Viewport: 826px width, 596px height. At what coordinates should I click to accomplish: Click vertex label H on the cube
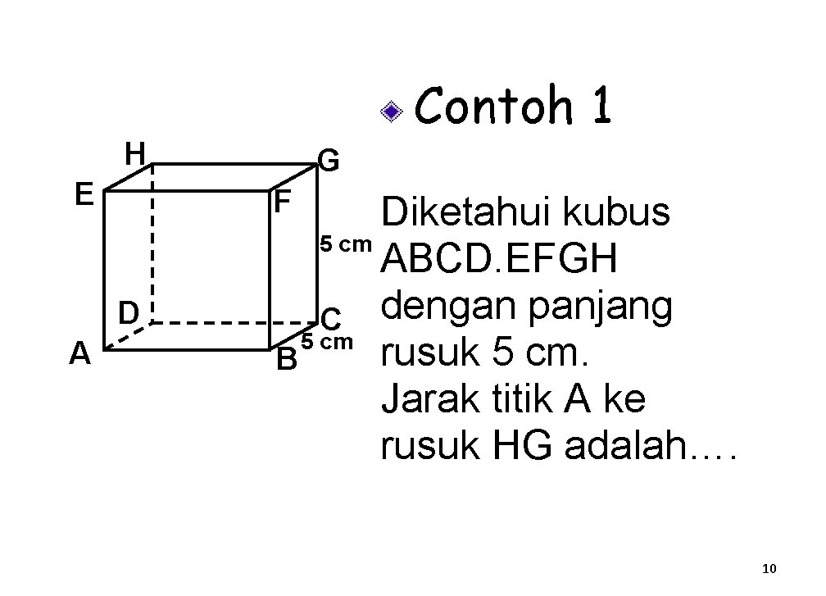[x=134, y=152]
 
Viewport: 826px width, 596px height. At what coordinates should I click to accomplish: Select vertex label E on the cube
[x=83, y=194]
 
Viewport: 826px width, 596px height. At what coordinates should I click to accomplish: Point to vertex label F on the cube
[x=283, y=202]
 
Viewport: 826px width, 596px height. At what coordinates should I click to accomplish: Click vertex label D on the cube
[x=127, y=312]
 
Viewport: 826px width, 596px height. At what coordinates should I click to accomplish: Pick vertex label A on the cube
[x=79, y=353]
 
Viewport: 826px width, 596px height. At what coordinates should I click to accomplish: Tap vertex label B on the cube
[x=286, y=358]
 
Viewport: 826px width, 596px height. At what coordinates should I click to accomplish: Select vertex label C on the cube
[x=331, y=318]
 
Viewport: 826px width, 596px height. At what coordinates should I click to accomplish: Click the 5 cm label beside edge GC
[x=344, y=243]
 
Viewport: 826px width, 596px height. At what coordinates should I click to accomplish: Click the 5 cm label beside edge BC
[x=327, y=341]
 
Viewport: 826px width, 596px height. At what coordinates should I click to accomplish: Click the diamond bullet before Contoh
[x=394, y=111]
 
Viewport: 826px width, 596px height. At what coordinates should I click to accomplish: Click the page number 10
[x=769, y=568]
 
